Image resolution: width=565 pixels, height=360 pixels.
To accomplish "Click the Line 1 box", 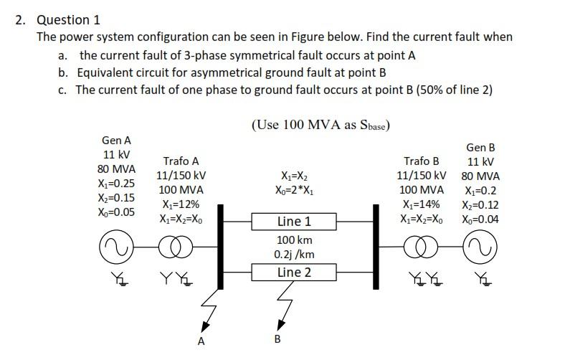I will pyautogui.click(x=294, y=221).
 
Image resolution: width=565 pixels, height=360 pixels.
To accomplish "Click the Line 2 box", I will pyautogui.click(x=294, y=272).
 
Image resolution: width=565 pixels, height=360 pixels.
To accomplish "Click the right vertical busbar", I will pyautogui.click(x=375, y=246).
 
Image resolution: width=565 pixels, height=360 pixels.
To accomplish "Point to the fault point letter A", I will pyautogui.click(x=201, y=341).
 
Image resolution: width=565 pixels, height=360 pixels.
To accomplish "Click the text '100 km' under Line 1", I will pyautogui.click(x=294, y=240).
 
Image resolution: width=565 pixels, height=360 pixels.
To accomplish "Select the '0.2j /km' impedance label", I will pyautogui.click(x=294, y=254).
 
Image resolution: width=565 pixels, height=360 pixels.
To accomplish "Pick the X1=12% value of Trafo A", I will pyautogui.click(x=181, y=204).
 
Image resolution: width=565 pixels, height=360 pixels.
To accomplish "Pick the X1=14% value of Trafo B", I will pyautogui.click(x=422, y=204).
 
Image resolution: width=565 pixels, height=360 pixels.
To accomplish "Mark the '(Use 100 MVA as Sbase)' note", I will pyautogui.click(x=320, y=125).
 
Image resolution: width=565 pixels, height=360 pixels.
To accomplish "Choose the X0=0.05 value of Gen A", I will pyautogui.click(x=115, y=212).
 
